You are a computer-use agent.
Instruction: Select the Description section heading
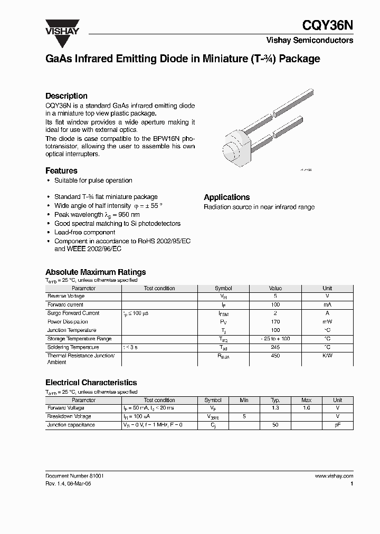[66, 96]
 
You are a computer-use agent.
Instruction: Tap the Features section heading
[61, 171]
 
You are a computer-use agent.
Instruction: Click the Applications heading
[227, 197]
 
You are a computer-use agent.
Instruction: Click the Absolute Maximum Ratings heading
[95, 272]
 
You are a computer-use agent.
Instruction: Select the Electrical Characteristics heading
[91, 383]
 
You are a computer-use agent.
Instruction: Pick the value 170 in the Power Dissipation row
[275, 321]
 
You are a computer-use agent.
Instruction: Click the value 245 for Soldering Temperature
[275, 347]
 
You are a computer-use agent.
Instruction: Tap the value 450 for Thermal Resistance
[275, 356]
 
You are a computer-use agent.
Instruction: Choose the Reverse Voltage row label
[66, 296]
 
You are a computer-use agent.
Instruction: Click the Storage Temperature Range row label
[79, 339]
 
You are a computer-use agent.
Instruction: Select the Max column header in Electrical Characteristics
[306, 400]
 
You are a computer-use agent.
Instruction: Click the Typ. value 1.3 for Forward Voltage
[274, 408]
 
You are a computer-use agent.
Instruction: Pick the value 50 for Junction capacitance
[274, 425]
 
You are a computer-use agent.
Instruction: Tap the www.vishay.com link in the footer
[334, 475]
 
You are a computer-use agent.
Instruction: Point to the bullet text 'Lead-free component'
[84, 232]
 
